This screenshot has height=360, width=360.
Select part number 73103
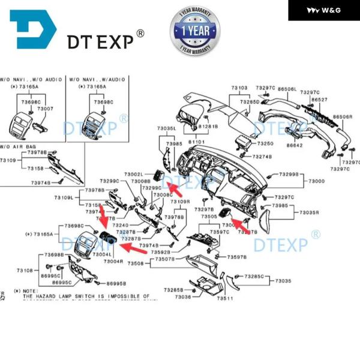pyautogui.click(x=239, y=88)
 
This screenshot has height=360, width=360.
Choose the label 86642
pyautogui.click(x=295, y=145)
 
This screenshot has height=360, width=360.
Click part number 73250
pyautogui.click(x=265, y=144)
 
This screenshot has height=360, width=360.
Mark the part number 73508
pyautogui.click(x=136, y=263)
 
